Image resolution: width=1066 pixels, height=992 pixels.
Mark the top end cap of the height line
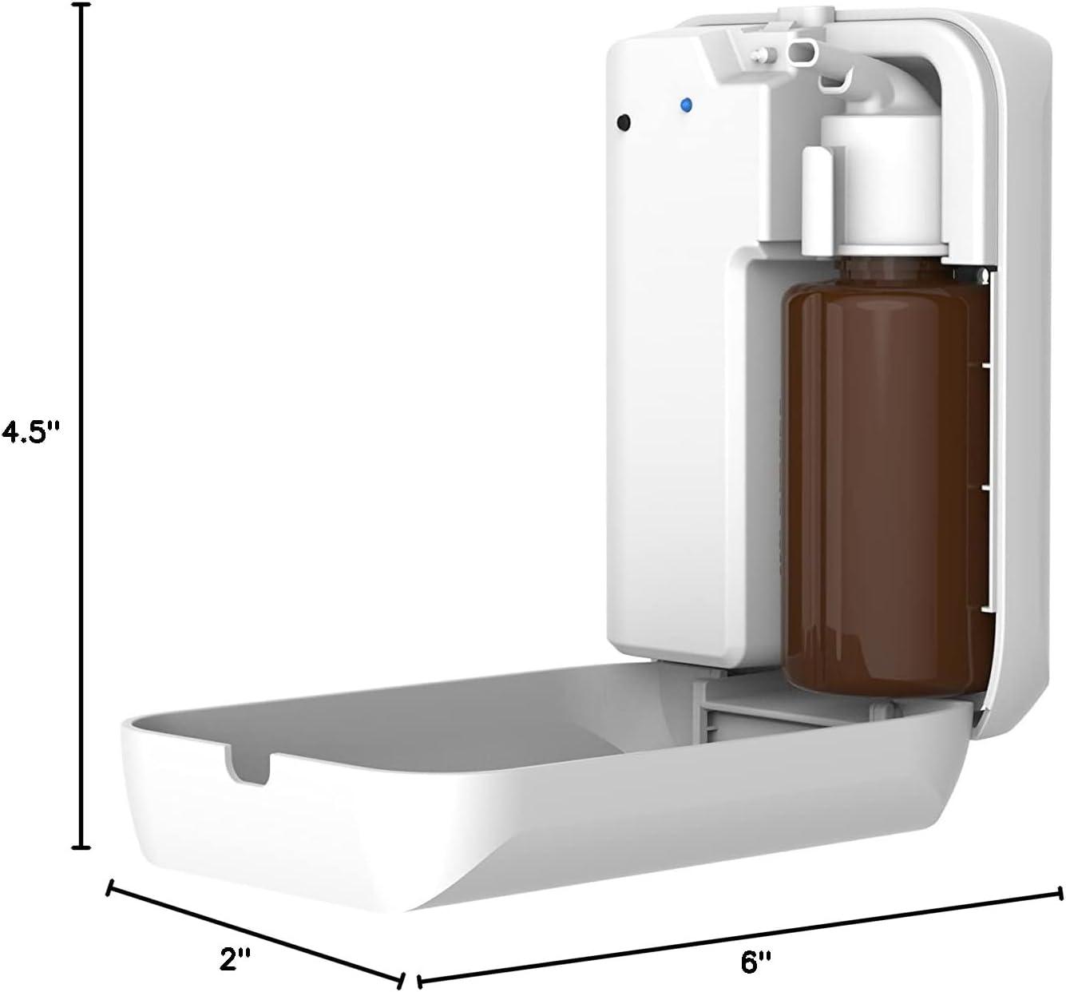80,6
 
